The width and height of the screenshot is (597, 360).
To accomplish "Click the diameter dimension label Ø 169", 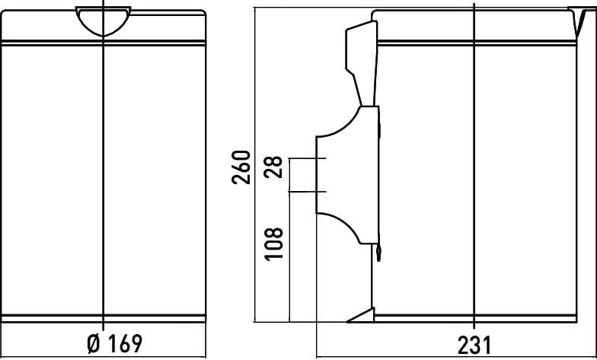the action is pos(114,344).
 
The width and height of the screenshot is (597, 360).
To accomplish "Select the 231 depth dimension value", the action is pos(474,345).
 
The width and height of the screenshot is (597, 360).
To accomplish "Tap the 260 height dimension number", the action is pos(241,167).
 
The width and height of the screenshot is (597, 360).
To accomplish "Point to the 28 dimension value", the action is pos(274,167).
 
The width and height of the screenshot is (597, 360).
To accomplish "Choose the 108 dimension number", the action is pos(274,244).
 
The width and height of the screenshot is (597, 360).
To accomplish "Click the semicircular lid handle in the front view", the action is pos(104,21).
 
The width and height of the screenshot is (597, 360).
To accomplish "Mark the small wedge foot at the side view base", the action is pos(361,315).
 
